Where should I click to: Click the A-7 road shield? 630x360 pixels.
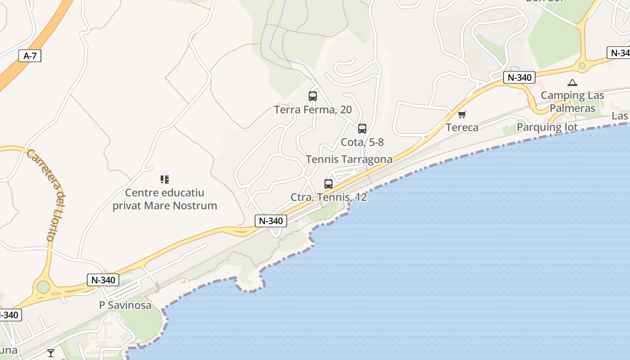pyautogui.click(x=30, y=56)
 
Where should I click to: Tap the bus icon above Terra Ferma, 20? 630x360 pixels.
pyautogui.click(x=313, y=96)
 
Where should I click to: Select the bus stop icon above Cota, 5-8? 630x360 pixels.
pyautogui.click(x=362, y=129)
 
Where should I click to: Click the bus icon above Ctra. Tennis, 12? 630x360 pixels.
pyautogui.click(x=328, y=184)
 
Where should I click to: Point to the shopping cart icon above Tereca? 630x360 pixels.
pyautogui.click(x=462, y=115)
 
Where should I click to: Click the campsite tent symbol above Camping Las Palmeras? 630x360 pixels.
pyautogui.click(x=572, y=82)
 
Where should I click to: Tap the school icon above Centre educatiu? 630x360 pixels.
pyautogui.click(x=165, y=179)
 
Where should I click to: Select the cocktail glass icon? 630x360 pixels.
pyautogui.click(x=51, y=353)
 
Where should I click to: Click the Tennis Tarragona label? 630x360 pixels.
pyautogui.click(x=349, y=159)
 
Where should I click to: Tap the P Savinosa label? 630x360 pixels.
pyautogui.click(x=125, y=305)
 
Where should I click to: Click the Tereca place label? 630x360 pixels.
pyautogui.click(x=462, y=127)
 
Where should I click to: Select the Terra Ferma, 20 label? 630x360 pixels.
pyautogui.click(x=313, y=110)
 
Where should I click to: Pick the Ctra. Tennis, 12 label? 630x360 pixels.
pyautogui.click(x=329, y=197)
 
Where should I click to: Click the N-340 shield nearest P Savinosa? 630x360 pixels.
pyautogui.click(x=103, y=280)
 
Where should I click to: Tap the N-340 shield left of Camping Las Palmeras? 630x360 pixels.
pyautogui.click(x=519, y=77)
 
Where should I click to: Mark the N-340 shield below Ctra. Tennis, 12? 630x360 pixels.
pyautogui.click(x=271, y=220)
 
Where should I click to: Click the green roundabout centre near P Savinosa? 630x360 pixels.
pyautogui.click(x=43, y=287)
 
